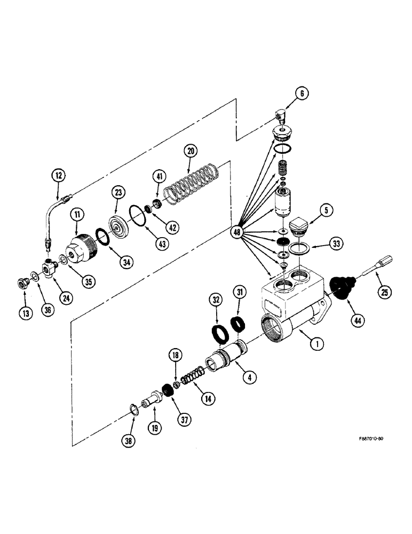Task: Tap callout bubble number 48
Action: (x=237, y=232)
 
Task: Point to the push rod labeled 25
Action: (x=377, y=265)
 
